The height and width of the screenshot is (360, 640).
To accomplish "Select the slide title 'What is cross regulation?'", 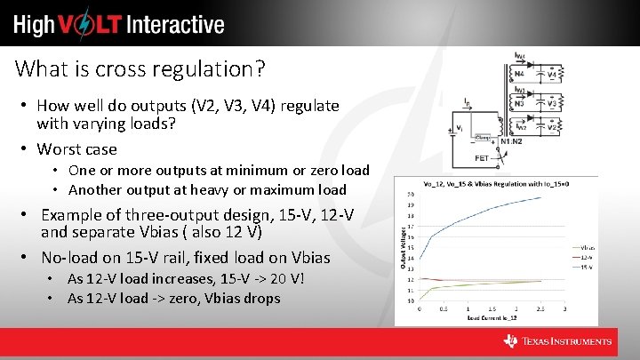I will [x=140, y=68].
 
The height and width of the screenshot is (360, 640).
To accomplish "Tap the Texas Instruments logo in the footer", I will [x=557, y=341].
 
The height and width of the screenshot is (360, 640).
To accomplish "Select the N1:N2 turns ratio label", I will [x=511, y=140].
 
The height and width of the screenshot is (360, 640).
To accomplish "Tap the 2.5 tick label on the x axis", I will [x=540, y=308].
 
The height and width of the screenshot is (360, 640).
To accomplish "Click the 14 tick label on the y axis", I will [x=410, y=258].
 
